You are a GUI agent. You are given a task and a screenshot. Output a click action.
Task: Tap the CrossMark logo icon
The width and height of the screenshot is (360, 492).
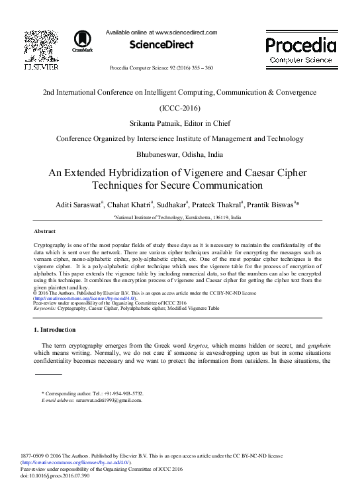83,40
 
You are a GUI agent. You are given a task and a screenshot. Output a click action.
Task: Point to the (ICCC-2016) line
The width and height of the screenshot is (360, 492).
179,107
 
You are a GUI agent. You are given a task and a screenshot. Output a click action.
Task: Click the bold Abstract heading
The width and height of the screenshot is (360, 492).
44,231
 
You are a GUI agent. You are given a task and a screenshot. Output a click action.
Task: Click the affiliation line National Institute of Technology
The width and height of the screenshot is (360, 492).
177,217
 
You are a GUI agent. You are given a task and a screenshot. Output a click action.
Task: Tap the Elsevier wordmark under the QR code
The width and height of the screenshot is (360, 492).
41,68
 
